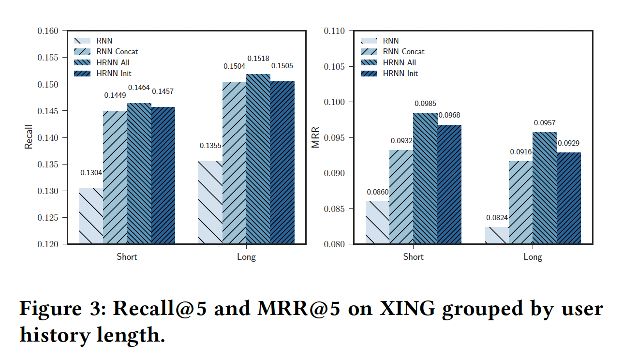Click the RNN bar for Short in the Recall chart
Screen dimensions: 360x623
pos(91,216)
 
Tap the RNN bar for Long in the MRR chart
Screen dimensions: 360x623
pos(497,235)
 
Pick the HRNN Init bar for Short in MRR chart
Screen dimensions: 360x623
pos(449,184)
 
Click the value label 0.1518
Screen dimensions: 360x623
pos(259,59)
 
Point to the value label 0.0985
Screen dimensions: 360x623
pos(426,104)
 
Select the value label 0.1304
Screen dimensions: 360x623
pos(91,173)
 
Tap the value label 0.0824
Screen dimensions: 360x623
pos(497,217)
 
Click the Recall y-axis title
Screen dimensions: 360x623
pos(29,137)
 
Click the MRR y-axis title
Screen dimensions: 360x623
pos(316,137)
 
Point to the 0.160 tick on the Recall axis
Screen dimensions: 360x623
pos(48,31)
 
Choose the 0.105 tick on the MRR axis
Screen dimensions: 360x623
pos(334,66)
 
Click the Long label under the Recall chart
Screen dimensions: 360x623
pos(246,256)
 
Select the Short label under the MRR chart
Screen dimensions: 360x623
pos(414,256)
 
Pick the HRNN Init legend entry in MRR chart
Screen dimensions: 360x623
pos(400,73)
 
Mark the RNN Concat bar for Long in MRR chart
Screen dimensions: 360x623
pos(520,202)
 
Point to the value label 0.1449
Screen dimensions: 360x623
pos(115,95)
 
